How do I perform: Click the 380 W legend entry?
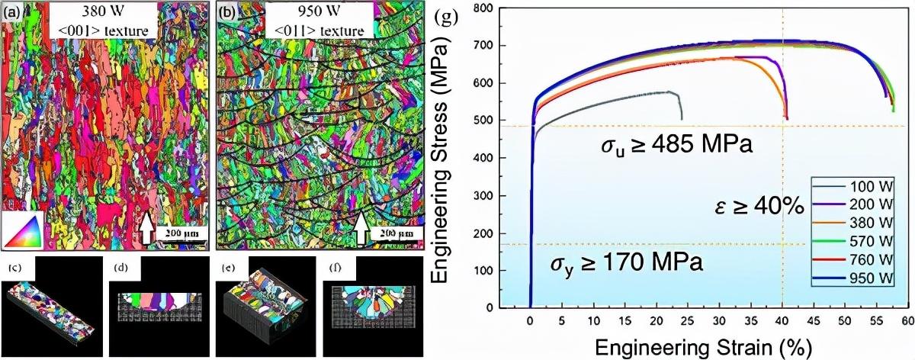pyautogui.click(x=868, y=221)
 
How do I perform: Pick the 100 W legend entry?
pyautogui.click(x=868, y=186)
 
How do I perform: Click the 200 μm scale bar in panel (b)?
pyautogui.click(x=396, y=232)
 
